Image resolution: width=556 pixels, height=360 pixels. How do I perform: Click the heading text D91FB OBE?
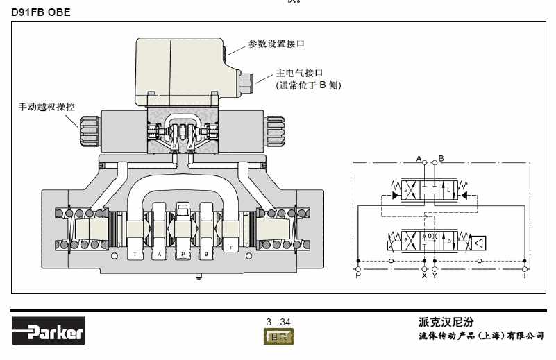click(x=41, y=12)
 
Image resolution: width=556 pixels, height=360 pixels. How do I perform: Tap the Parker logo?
click(x=48, y=332)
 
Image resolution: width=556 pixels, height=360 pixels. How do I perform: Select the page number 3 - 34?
click(x=278, y=321)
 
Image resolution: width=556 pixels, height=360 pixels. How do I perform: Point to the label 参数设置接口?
click(x=277, y=44)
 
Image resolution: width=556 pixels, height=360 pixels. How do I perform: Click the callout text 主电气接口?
click(x=301, y=72)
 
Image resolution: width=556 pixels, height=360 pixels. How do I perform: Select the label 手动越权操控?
click(x=47, y=108)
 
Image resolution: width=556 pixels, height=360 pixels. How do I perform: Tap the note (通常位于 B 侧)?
click(x=309, y=85)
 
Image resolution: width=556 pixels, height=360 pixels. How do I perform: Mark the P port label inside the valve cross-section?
click(x=183, y=255)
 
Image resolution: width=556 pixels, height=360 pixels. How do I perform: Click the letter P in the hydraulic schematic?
click(x=358, y=276)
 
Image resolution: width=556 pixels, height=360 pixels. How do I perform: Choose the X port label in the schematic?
click(x=424, y=276)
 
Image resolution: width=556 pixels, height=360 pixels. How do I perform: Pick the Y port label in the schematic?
click(x=435, y=276)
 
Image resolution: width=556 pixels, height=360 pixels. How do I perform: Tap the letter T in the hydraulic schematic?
click(x=525, y=276)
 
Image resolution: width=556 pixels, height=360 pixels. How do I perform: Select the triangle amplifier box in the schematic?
click(x=478, y=242)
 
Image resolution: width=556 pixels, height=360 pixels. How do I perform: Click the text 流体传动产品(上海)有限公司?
click(x=481, y=336)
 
